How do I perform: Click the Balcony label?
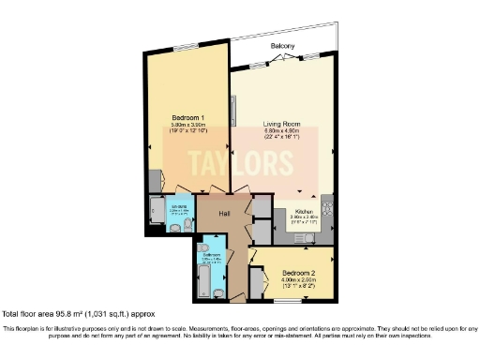pos(283,46)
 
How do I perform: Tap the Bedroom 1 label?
pos(187,117)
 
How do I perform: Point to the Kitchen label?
pos(303,212)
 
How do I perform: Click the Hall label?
pos(225,214)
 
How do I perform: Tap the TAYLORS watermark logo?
pos(240,165)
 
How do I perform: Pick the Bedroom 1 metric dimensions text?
pos(187,125)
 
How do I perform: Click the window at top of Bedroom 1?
pos(188,45)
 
